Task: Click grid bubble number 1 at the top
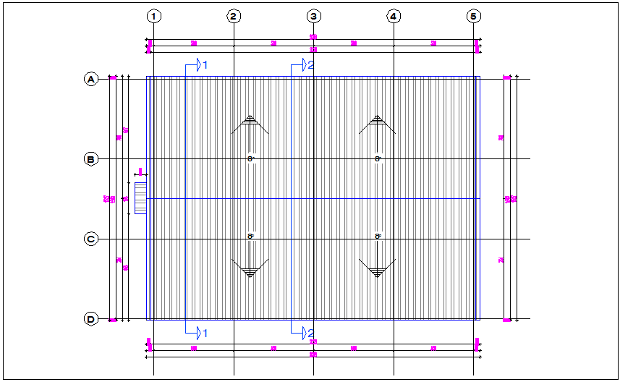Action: (154, 16)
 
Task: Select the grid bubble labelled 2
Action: (234, 16)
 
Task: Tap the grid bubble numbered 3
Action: (313, 16)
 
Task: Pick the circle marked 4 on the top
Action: (394, 16)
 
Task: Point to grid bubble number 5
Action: (473, 16)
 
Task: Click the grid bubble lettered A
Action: (91, 79)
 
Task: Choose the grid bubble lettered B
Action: (91, 159)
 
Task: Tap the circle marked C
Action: (91, 239)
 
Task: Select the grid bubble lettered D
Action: (91, 318)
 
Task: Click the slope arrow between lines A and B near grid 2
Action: (250, 124)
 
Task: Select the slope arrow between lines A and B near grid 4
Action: (377, 124)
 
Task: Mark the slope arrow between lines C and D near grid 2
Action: (250, 268)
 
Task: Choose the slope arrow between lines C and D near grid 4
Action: (377, 268)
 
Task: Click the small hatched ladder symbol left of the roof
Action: (140, 198)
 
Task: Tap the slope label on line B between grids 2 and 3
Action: (251, 158)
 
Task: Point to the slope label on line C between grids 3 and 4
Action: (378, 236)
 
